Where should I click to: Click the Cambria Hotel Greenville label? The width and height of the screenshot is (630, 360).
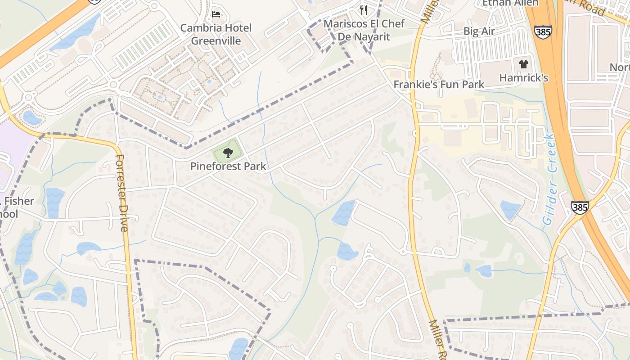(x=216, y=34)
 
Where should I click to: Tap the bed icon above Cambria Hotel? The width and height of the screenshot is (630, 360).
(x=216, y=14)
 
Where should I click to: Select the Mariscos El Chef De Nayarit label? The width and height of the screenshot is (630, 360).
(x=364, y=30)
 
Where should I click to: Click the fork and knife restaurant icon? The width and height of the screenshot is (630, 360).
(x=364, y=10)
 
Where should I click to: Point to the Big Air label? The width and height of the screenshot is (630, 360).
(x=479, y=31)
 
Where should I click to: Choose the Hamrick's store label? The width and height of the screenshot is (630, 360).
(x=523, y=78)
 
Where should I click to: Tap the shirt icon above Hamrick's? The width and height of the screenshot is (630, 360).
(x=523, y=64)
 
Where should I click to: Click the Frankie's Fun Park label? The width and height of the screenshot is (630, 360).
(x=439, y=84)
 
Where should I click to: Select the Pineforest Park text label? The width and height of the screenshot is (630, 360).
(x=228, y=166)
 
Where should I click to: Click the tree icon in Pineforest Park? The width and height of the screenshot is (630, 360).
(x=228, y=153)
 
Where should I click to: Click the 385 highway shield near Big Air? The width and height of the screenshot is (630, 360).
(x=543, y=31)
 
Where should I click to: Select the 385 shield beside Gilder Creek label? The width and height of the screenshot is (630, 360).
(x=580, y=207)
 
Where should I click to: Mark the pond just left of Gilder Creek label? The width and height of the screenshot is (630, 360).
(x=510, y=209)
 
